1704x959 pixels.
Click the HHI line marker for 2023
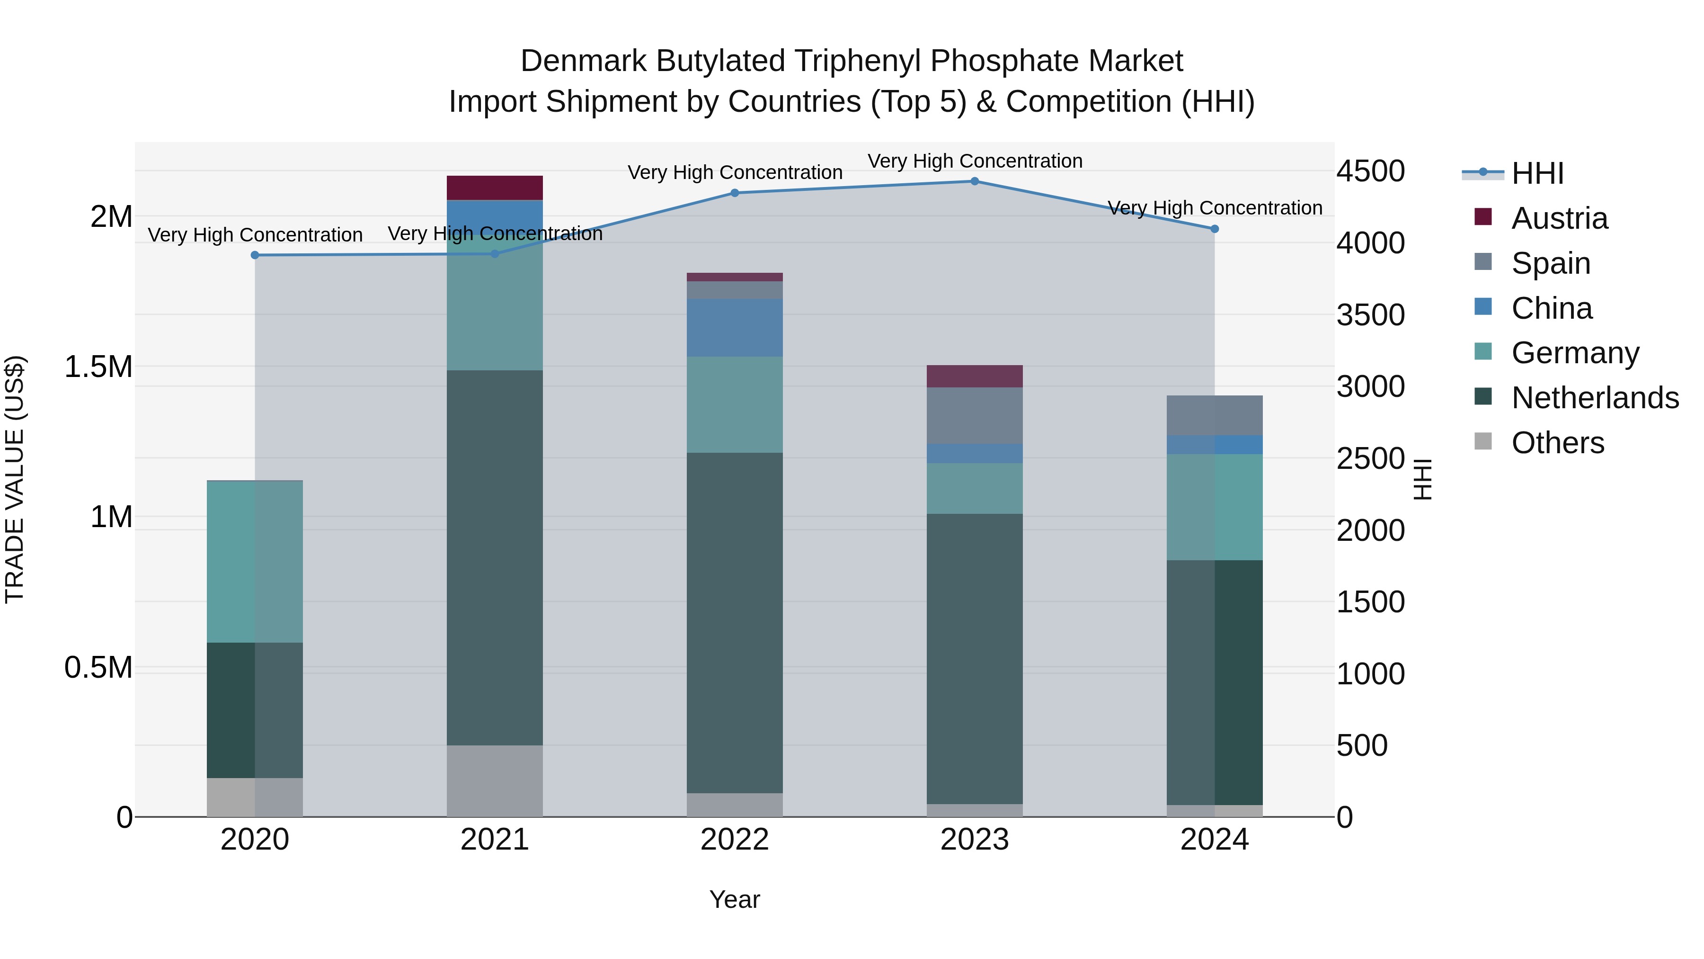pos(975,181)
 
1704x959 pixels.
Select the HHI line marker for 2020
pos(255,255)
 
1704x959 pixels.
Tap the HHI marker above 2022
pos(734,193)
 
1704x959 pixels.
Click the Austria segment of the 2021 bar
pos(495,188)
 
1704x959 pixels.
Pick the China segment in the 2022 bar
pos(734,328)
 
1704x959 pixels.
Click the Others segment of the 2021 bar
pos(495,781)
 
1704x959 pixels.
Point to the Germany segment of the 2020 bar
pos(255,561)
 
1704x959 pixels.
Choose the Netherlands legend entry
pos(1595,398)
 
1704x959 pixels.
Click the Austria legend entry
pos(1559,218)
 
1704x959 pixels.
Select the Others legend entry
pos(1557,443)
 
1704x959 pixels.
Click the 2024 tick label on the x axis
pos(1215,840)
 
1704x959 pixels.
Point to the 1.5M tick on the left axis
pos(98,367)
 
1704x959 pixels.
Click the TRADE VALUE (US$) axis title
pos(15,479)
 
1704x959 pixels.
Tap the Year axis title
pos(734,899)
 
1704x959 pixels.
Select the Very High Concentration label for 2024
pos(1215,208)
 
